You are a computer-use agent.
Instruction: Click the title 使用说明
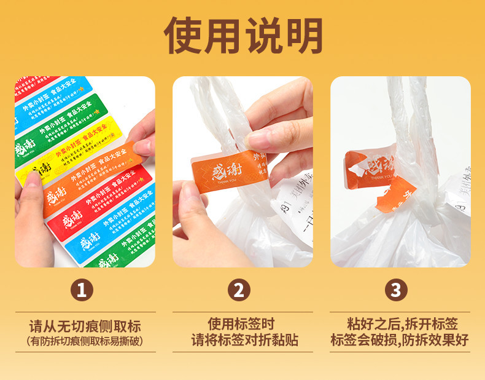tap(243, 35)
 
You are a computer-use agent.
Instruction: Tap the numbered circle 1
tap(85, 289)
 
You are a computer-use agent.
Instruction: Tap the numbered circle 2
tap(242, 289)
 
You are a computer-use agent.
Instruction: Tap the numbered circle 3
tap(399, 289)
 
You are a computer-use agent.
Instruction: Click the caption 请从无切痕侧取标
tap(85, 325)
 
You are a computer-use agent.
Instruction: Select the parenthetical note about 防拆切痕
tap(85, 340)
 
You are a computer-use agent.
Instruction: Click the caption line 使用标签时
tap(242, 323)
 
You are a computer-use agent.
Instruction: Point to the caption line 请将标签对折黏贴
tap(242, 339)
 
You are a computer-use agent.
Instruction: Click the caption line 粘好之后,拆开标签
tap(400, 323)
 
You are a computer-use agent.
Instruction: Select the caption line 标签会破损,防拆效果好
tap(400, 339)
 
